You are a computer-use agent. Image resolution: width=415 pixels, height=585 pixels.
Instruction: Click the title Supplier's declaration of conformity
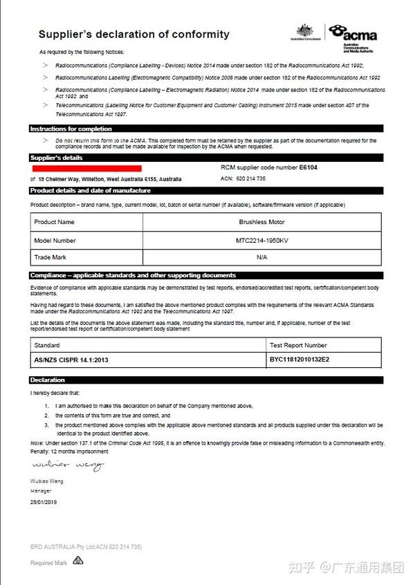pyautogui.click(x=133, y=34)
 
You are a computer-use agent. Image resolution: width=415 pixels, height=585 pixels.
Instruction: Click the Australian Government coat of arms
pyautogui.click(x=305, y=31)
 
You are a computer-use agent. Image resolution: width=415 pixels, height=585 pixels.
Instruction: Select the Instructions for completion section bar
pyautogui.click(x=206, y=129)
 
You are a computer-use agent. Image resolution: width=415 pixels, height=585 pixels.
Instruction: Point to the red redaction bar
pyautogui.click(x=86, y=168)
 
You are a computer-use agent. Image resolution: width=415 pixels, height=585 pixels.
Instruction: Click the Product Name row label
pyautogui.click(x=54, y=222)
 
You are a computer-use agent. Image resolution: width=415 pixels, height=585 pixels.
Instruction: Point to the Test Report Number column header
pyautogui.click(x=297, y=345)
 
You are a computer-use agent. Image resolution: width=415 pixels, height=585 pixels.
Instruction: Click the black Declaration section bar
pyautogui.click(x=206, y=380)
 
